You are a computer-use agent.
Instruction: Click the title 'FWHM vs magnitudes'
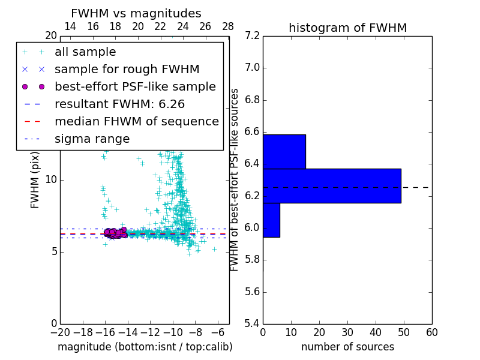(136, 13)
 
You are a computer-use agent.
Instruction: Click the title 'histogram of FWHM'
(347, 28)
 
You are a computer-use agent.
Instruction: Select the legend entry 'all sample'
(85, 52)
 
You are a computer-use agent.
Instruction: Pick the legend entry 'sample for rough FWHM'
(127, 70)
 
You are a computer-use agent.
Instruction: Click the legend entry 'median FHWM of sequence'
(136, 122)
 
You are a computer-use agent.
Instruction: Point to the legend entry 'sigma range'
(92, 139)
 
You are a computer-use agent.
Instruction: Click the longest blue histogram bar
(332, 186)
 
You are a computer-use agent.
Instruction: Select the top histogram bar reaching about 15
(284, 152)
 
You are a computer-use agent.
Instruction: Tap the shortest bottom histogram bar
(271, 220)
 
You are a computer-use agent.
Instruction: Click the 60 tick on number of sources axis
(431, 333)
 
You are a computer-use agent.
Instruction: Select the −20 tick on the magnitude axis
(60, 333)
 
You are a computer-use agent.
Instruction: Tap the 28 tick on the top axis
(228, 27)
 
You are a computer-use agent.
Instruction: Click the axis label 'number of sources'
(347, 347)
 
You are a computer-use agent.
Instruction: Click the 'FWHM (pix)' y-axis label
(35, 180)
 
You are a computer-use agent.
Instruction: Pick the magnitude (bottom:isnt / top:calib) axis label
(145, 347)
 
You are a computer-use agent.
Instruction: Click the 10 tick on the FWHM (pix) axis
(51, 180)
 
